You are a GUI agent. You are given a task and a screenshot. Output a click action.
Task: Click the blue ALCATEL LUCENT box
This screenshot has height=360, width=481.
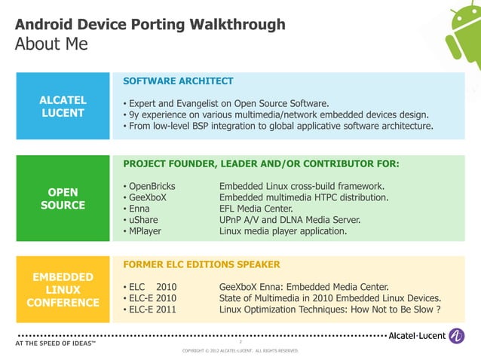(x=63, y=106)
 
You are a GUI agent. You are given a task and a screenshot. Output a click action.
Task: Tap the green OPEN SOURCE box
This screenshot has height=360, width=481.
(x=63, y=197)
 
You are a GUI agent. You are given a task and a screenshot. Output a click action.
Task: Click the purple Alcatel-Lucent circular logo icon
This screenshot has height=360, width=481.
(x=457, y=336)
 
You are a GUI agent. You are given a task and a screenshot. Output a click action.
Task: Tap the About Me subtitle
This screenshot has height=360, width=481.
(x=51, y=44)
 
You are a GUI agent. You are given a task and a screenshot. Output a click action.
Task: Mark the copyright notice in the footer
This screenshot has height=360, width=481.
(x=240, y=351)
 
